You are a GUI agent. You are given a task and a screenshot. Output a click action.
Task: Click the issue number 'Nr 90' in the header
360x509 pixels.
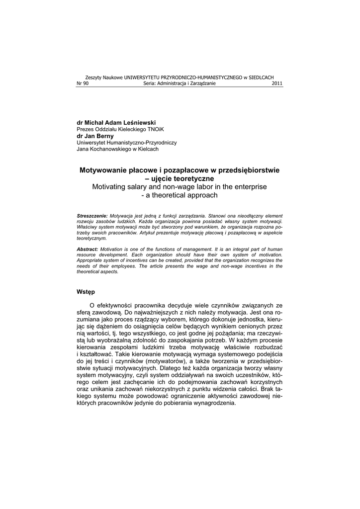click(82, 84)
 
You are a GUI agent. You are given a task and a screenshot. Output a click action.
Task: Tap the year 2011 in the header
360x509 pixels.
click(277, 84)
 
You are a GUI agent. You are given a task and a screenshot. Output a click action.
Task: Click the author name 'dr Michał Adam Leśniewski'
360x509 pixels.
click(116, 122)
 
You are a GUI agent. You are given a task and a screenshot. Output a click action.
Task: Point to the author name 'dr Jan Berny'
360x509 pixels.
click(95, 136)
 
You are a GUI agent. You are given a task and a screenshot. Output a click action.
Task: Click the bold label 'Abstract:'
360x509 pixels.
click(88, 249)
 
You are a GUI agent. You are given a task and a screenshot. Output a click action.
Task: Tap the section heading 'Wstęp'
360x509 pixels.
click(86, 291)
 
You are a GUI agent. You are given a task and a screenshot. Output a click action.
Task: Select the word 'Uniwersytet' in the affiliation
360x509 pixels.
click(92, 142)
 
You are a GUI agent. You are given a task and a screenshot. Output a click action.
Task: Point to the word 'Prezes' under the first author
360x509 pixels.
click(85, 129)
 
